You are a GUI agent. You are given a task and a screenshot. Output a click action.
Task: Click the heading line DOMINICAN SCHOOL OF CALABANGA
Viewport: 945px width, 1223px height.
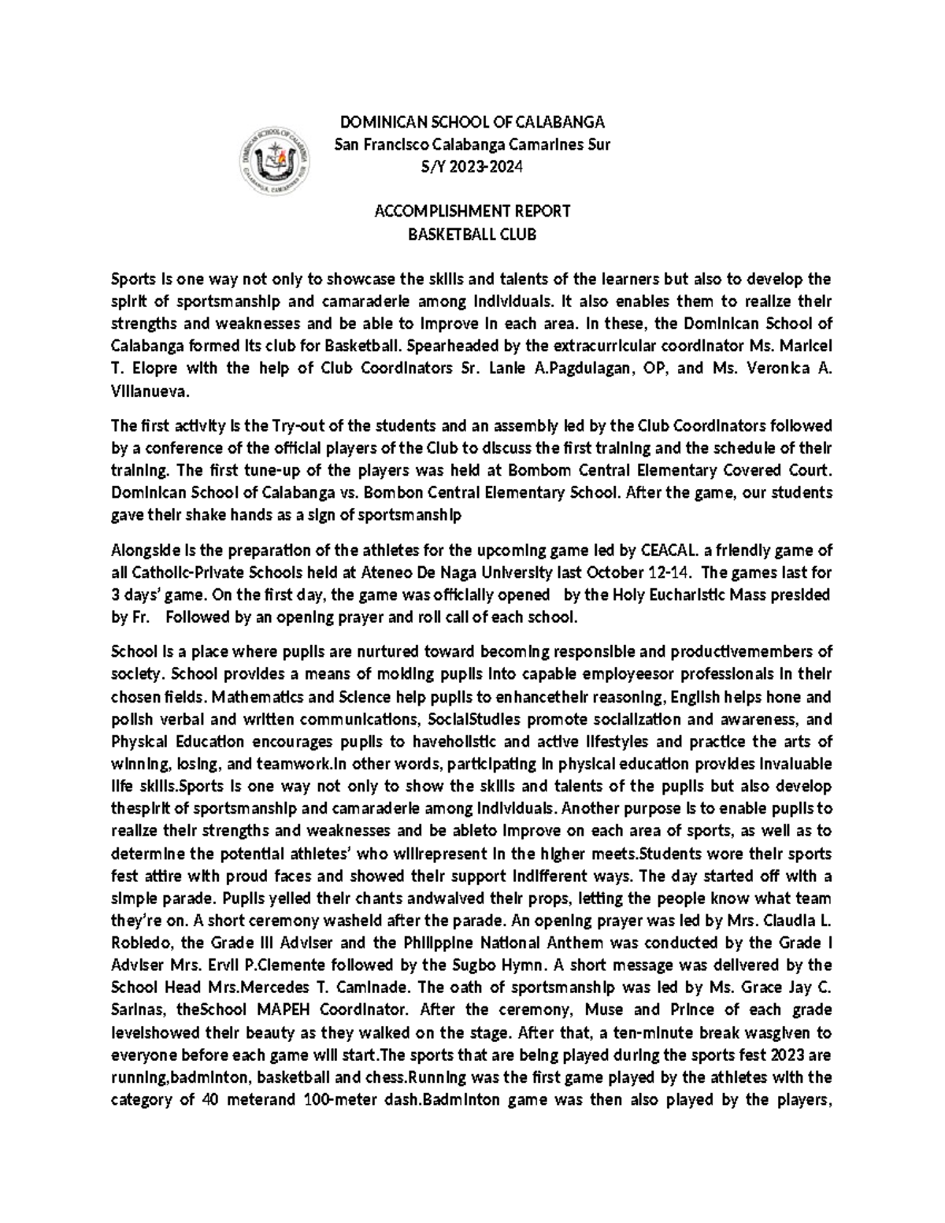coord(472,122)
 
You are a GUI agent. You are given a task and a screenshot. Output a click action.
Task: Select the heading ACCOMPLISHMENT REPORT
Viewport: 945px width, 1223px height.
coord(472,211)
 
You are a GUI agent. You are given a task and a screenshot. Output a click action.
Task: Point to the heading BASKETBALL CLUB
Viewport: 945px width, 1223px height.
coord(472,234)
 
